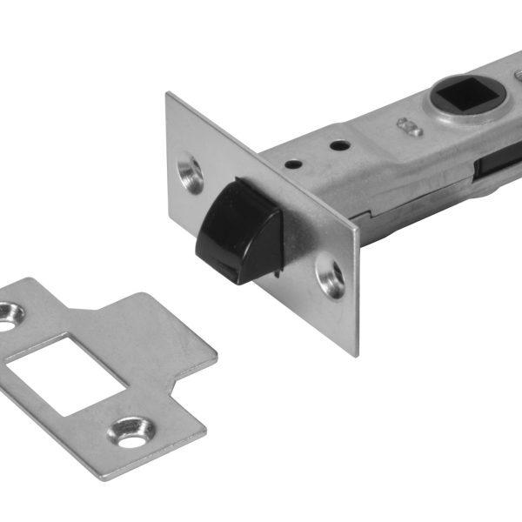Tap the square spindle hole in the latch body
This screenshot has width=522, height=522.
(x=469, y=95)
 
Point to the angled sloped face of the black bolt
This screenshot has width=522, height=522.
(x=262, y=239)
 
